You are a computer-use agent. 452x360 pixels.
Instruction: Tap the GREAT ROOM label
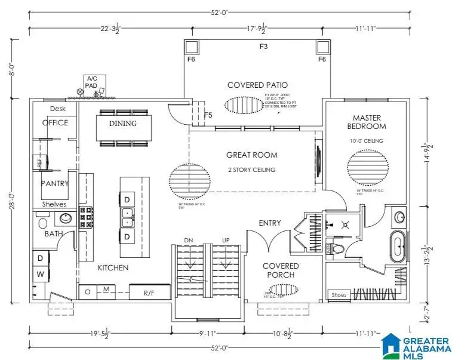(251, 155)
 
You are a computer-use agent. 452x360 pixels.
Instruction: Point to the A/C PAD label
(92, 82)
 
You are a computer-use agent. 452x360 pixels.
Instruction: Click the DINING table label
(122, 124)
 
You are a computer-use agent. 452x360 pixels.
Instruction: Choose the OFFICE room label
(55, 122)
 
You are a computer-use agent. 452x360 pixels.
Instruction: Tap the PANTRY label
(55, 184)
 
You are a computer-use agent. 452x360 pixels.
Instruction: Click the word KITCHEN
(113, 268)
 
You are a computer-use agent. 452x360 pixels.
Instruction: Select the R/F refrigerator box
(150, 293)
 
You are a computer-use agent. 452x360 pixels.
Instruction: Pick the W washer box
(40, 275)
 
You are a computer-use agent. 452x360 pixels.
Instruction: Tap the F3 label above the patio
(263, 46)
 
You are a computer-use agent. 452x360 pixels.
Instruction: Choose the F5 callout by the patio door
(208, 115)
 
